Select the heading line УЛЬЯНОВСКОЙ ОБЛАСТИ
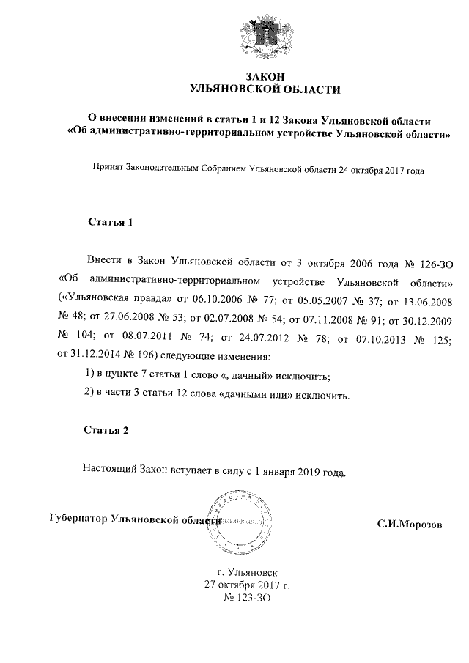265,90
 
